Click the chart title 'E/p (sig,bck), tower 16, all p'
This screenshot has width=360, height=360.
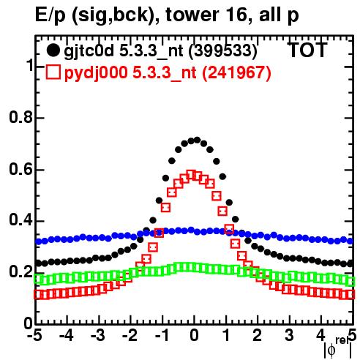pos(167,15)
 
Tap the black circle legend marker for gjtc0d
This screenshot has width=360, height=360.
pos(53,50)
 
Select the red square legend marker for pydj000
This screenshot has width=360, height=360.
pos(53,72)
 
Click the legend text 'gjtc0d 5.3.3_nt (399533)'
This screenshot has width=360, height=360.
pos(160,51)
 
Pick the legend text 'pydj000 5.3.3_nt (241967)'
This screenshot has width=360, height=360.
pos(168,72)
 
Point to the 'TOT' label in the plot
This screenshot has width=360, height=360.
pos(308,50)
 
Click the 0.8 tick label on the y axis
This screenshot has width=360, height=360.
pos(21,117)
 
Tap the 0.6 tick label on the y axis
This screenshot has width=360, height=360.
pos(21,169)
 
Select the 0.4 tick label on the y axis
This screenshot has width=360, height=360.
pos(21,220)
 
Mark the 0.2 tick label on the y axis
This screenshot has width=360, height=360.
pos(21,272)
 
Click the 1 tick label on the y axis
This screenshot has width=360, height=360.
pos(29,65)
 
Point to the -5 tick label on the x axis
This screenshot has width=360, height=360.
pos(34,336)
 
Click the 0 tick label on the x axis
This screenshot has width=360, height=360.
pos(194,336)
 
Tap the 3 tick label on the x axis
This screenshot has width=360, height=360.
pos(290,336)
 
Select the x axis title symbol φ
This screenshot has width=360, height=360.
pos(331,350)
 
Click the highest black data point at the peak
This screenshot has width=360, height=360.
pos(197,140)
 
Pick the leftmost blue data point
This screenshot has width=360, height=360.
pos(38,241)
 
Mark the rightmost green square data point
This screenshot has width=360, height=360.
pos(350,281)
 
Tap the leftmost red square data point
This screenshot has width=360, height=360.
pos(38,295)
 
